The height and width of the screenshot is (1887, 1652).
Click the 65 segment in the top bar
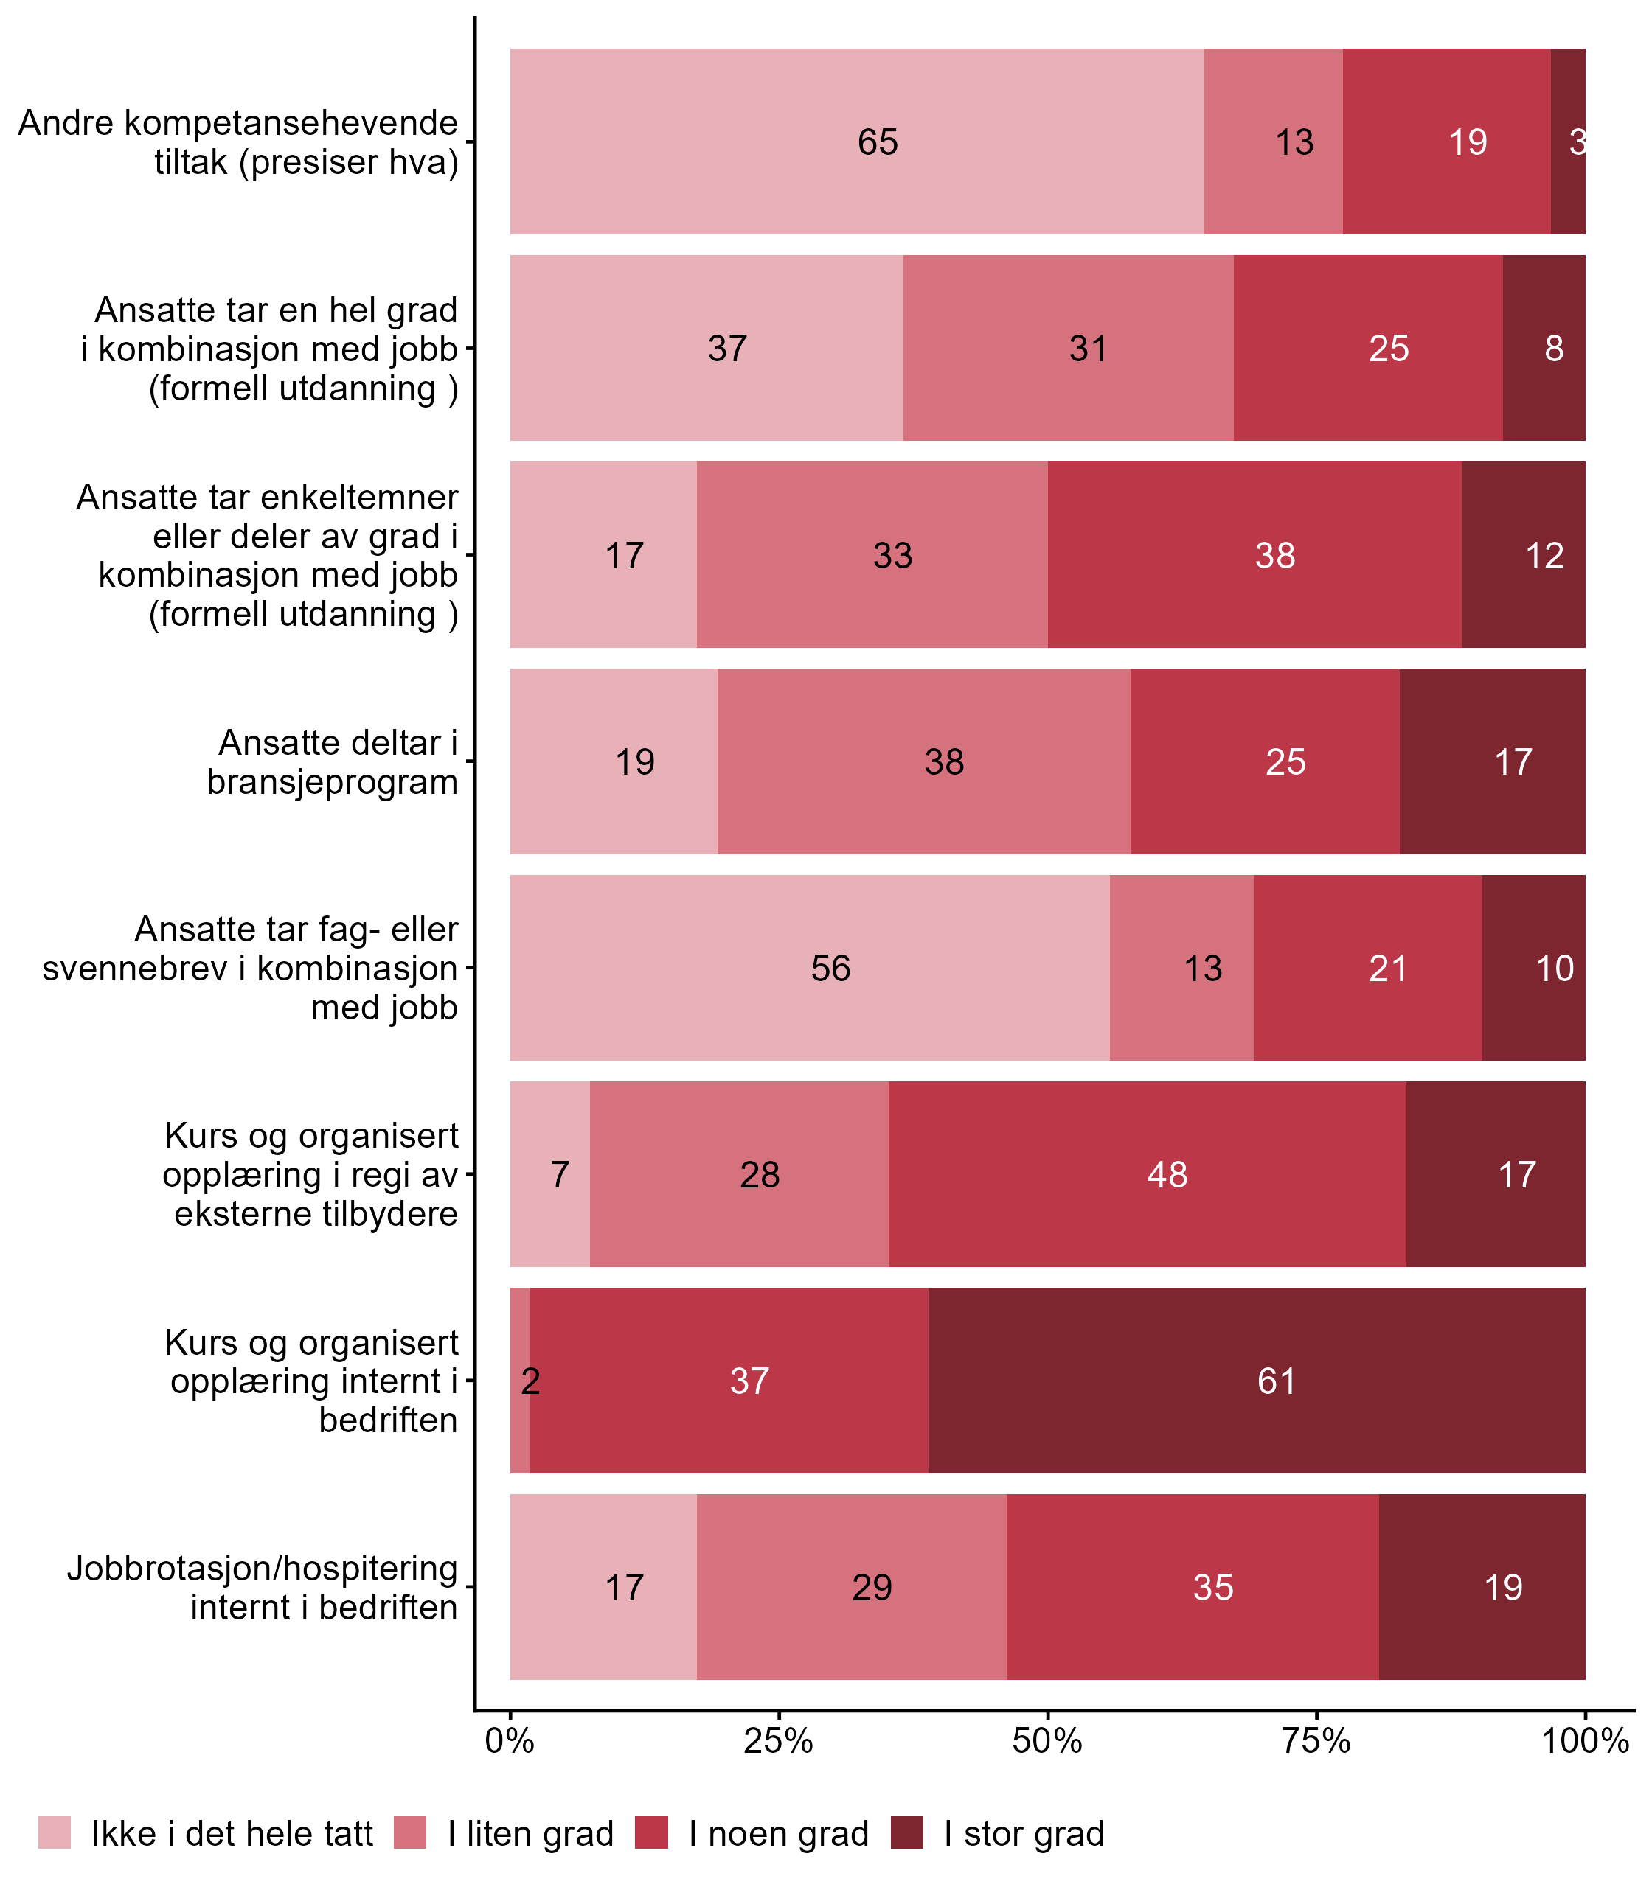(x=856, y=142)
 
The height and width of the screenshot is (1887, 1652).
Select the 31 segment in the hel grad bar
(x=1068, y=348)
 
